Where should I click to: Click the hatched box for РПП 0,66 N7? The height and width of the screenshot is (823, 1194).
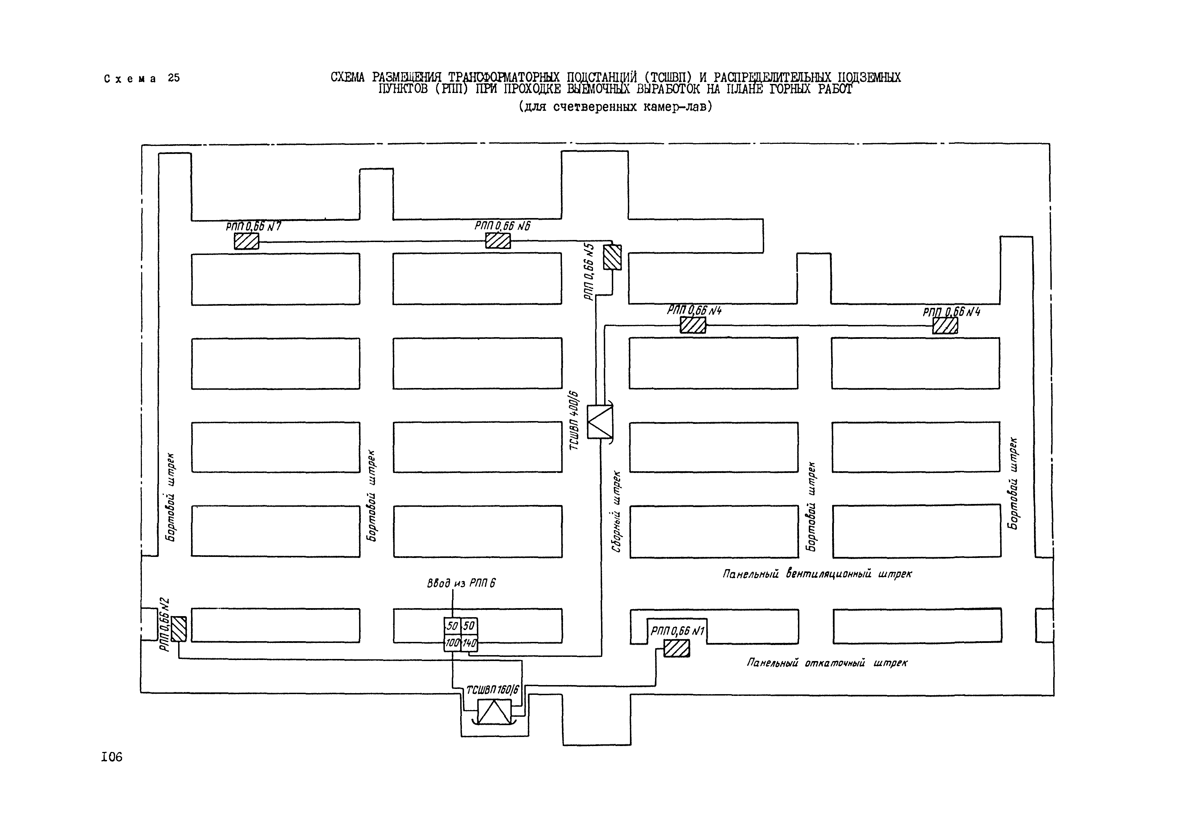point(246,241)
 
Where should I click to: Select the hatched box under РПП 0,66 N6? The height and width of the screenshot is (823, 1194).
point(498,240)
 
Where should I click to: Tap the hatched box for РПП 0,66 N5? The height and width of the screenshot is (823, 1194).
point(613,257)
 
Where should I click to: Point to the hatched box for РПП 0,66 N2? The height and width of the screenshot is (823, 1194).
point(179,629)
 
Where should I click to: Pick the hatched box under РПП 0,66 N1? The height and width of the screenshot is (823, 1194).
point(676,648)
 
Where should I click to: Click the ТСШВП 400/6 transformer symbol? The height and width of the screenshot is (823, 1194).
point(600,422)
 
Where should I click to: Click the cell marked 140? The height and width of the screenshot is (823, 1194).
point(469,643)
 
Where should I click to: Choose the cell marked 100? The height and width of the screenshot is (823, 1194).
point(452,643)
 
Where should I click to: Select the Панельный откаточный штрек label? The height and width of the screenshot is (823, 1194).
point(827,663)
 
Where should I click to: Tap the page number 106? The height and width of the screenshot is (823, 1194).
point(112,757)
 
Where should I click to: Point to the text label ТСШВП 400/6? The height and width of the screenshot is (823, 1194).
point(574,420)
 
